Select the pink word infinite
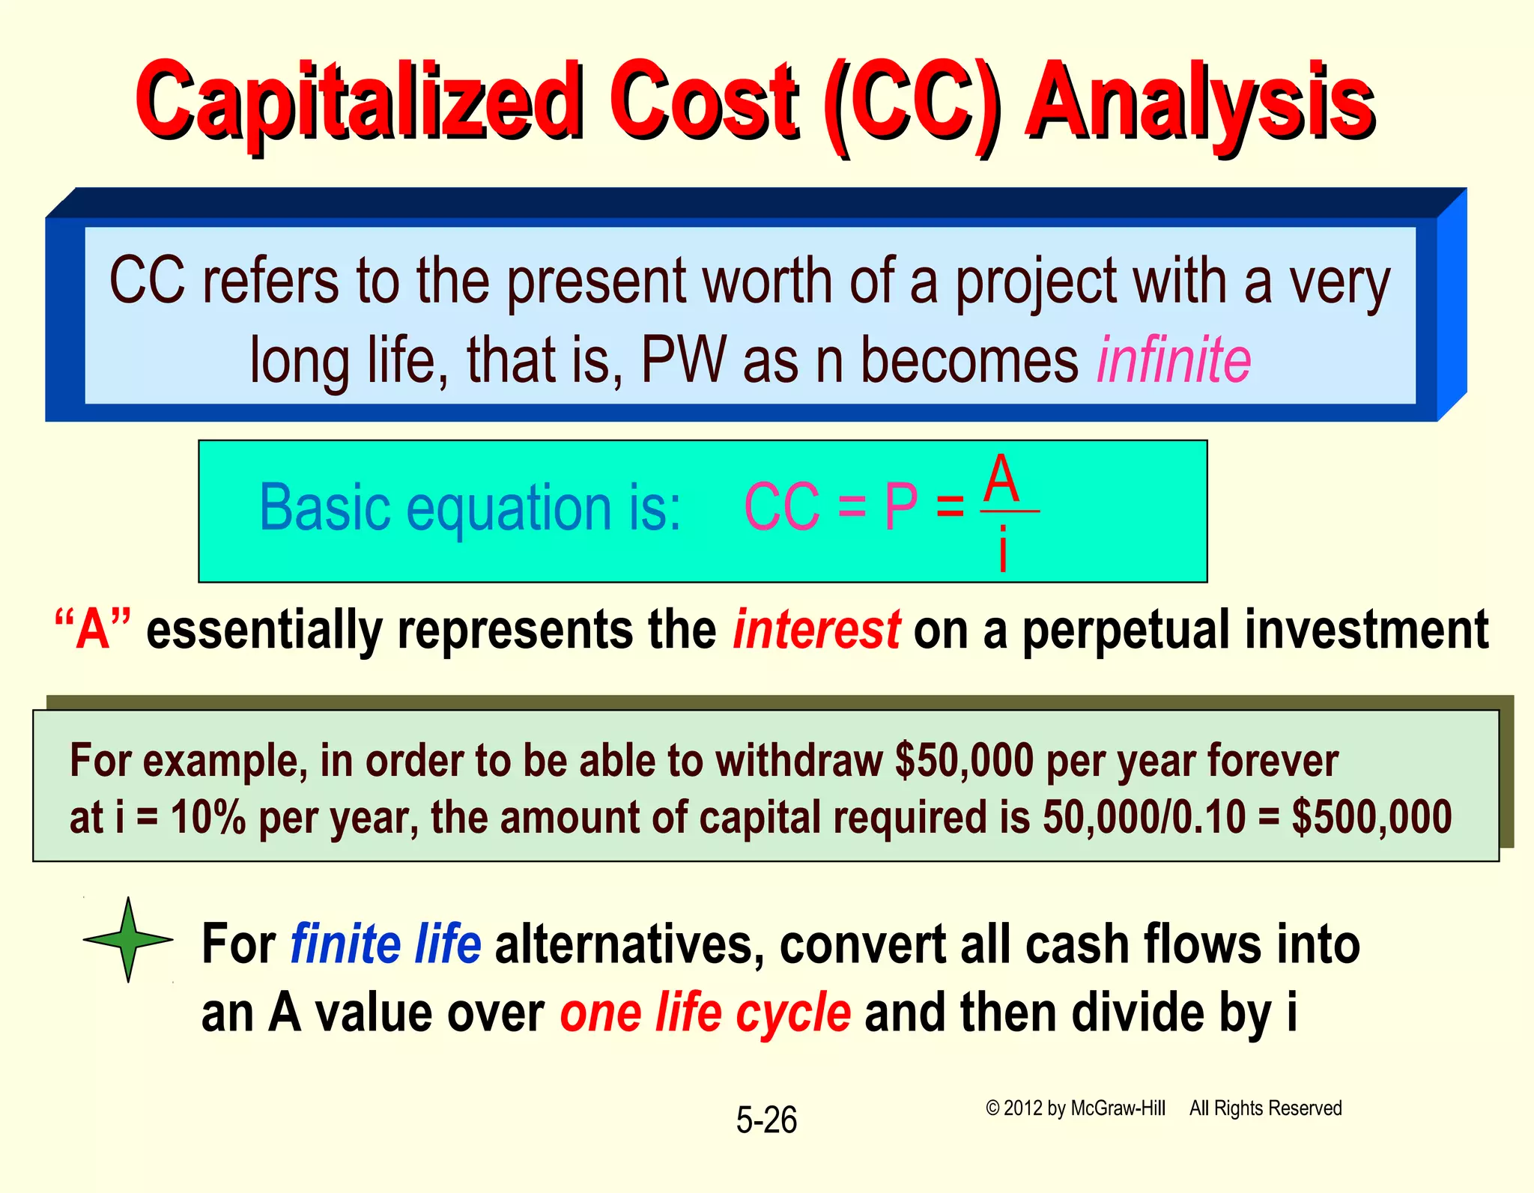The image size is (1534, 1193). (x=1174, y=361)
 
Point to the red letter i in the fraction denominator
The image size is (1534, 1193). (x=1003, y=549)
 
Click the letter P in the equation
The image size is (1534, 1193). (x=901, y=508)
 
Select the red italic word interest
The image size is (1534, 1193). (x=816, y=630)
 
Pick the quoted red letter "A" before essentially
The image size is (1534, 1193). (x=93, y=630)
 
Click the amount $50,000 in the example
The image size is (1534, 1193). (x=965, y=760)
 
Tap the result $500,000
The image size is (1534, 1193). (x=1371, y=817)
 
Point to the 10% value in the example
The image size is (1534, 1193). (x=208, y=817)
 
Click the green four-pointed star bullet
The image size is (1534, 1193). (x=129, y=939)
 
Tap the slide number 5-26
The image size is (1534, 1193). (x=766, y=1120)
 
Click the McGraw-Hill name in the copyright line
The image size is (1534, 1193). (x=1118, y=1108)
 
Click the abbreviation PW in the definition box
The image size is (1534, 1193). (x=683, y=361)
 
